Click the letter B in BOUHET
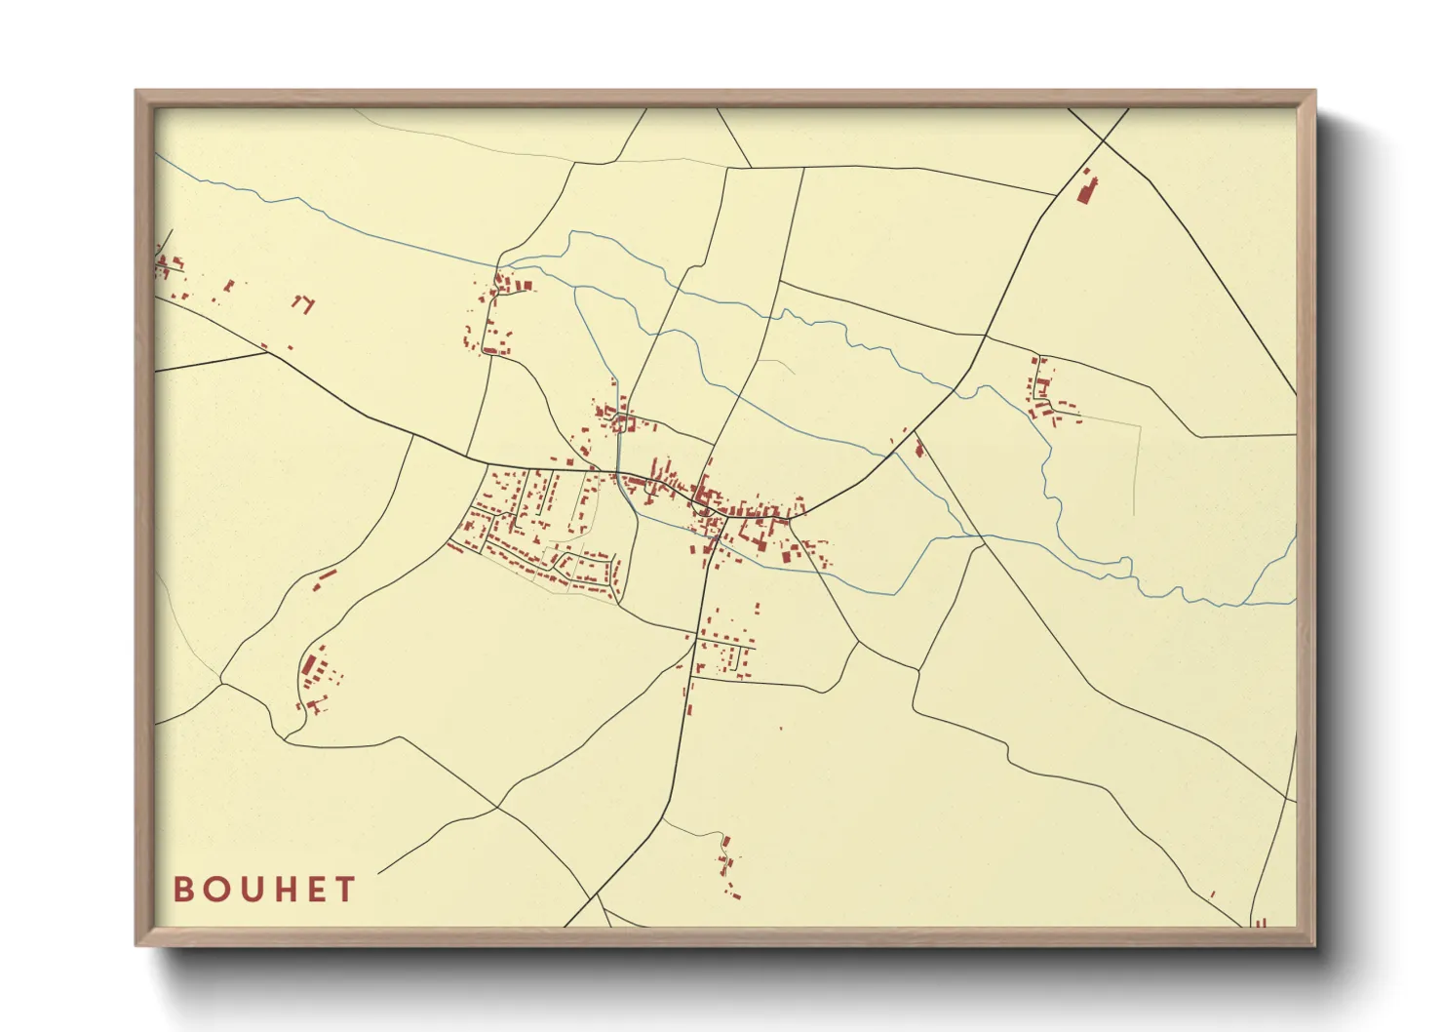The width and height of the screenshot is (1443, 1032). pos(183,890)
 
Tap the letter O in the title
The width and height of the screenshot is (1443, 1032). pos(216,890)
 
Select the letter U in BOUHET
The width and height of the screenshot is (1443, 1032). pos(251,890)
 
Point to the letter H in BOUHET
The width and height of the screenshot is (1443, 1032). pos(285,890)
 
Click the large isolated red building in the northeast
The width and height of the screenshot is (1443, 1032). pos(1085,189)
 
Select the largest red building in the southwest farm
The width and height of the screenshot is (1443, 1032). pos(310,665)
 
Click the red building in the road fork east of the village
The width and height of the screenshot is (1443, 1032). pos(918,448)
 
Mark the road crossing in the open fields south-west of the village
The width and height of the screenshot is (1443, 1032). pos(497,807)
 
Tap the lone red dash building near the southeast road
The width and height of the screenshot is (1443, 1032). pos(1212,893)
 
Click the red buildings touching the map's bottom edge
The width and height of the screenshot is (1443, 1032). pos(1260,922)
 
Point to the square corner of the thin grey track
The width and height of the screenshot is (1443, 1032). pos(1140,425)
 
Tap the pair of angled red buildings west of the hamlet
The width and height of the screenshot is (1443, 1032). pos(304,303)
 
